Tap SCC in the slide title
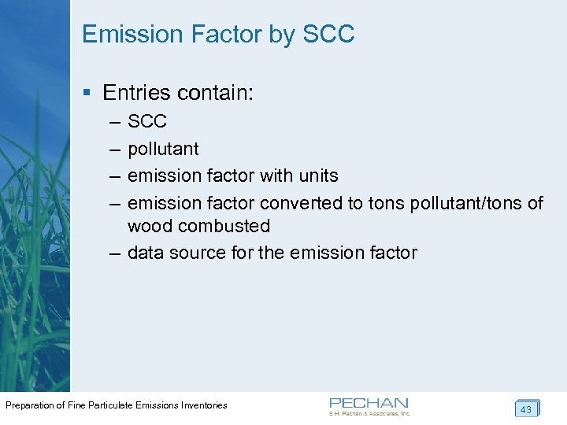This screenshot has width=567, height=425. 328,35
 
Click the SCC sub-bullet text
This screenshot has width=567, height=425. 147,122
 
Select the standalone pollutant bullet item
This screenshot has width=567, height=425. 163,149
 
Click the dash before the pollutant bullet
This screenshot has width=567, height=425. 115,149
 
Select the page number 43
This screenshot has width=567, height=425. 526,409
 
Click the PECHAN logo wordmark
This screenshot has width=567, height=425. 369,402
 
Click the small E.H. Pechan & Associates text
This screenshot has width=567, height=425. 370,413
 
